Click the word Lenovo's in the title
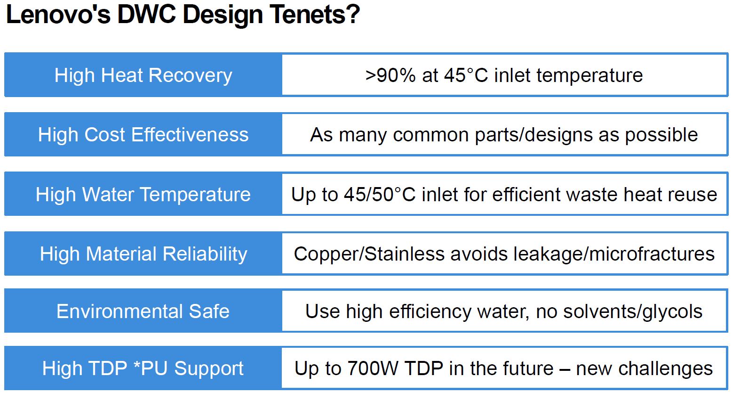pos(58,15)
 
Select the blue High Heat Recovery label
pos(143,75)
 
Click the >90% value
pos(390,75)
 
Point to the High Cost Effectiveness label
pos(143,134)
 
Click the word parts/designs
pos(534,135)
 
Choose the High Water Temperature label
pos(143,194)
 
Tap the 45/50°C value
pos(380,194)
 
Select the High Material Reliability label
pos(143,254)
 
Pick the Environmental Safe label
pos(143,311)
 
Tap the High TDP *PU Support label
pos(143,368)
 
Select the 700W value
pos(373,368)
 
